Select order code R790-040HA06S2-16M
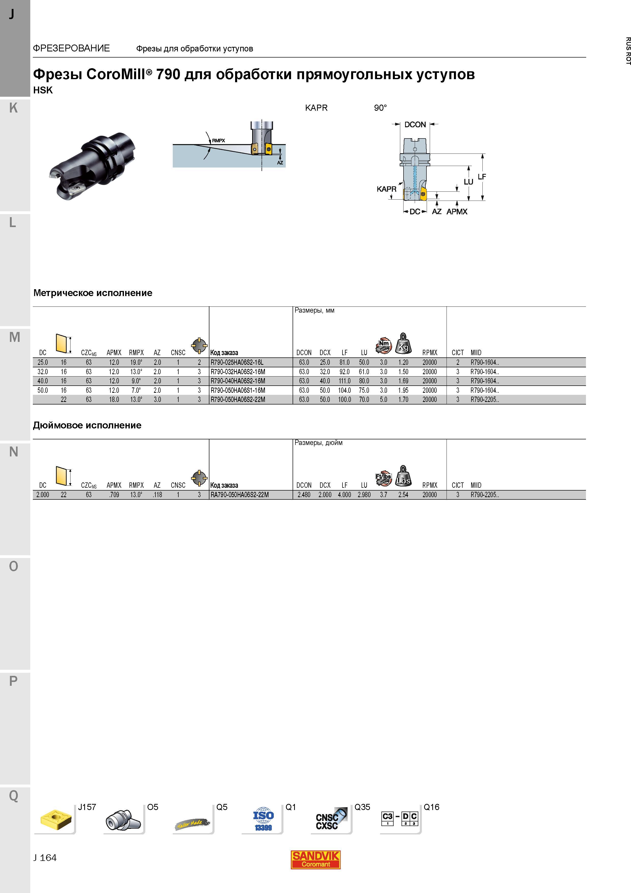pos(238,381)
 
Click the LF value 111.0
pos(345,381)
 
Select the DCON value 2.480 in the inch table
pos(304,495)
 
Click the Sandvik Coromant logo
pos(316,860)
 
